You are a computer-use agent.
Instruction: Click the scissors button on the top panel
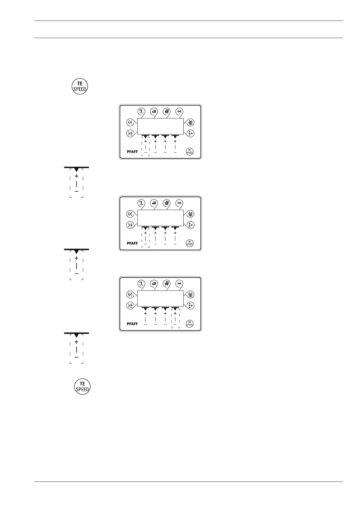click(180, 111)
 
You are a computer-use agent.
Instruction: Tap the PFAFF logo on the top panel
click(132, 152)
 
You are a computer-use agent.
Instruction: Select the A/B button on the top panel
click(130, 122)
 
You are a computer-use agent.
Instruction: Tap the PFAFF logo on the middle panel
click(132, 243)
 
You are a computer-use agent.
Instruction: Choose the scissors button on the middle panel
click(180, 203)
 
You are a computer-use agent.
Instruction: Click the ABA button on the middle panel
click(191, 214)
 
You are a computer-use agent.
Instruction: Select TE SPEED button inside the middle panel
click(189, 243)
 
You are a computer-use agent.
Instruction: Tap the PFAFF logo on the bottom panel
click(132, 324)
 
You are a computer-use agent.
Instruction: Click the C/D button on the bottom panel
click(130, 305)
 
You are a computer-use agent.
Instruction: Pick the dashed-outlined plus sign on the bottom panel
click(175, 314)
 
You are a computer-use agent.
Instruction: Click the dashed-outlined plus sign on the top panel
click(146, 141)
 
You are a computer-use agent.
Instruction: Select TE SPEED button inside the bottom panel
click(189, 324)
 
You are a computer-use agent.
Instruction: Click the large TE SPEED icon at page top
click(80, 86)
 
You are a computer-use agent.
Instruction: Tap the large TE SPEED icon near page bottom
click(82, 386)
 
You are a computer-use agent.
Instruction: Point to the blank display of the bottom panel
click(160, 298)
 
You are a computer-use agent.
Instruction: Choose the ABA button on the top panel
click(191, 122)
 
